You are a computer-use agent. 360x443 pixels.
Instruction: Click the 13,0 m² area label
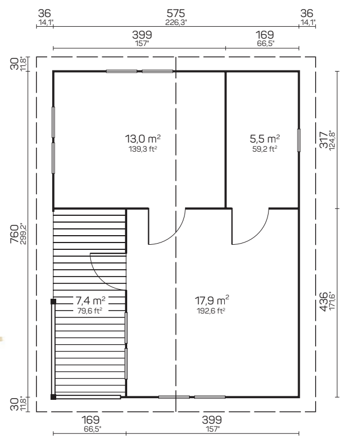click(143, 139)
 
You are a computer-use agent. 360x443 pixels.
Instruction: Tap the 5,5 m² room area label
click(265, 139)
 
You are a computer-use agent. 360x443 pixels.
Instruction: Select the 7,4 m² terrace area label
click(90, 300)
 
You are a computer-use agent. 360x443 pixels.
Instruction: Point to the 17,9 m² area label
click(212, 300)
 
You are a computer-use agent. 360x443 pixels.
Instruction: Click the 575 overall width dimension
click(175, 13)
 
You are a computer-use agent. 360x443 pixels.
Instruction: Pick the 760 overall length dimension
click(14, 234)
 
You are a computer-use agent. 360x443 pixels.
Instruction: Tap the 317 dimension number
click(324, 139)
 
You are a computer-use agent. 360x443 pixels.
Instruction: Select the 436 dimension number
click(324, 301)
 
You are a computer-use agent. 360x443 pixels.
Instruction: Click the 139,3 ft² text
click(143, 149)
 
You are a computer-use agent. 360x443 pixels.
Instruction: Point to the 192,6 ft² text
click(211, 311)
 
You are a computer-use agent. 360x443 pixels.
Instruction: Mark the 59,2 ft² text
click(265, 149)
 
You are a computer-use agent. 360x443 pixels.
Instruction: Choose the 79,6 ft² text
click(90, 311)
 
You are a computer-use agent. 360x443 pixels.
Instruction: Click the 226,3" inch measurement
click(176, 22)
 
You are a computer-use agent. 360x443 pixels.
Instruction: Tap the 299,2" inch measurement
click(23, 234)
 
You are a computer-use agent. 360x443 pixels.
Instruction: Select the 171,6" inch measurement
click(332, 300)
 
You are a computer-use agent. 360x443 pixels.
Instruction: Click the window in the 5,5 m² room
click(299, 140)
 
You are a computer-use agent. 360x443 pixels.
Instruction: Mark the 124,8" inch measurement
click(332, 140)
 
